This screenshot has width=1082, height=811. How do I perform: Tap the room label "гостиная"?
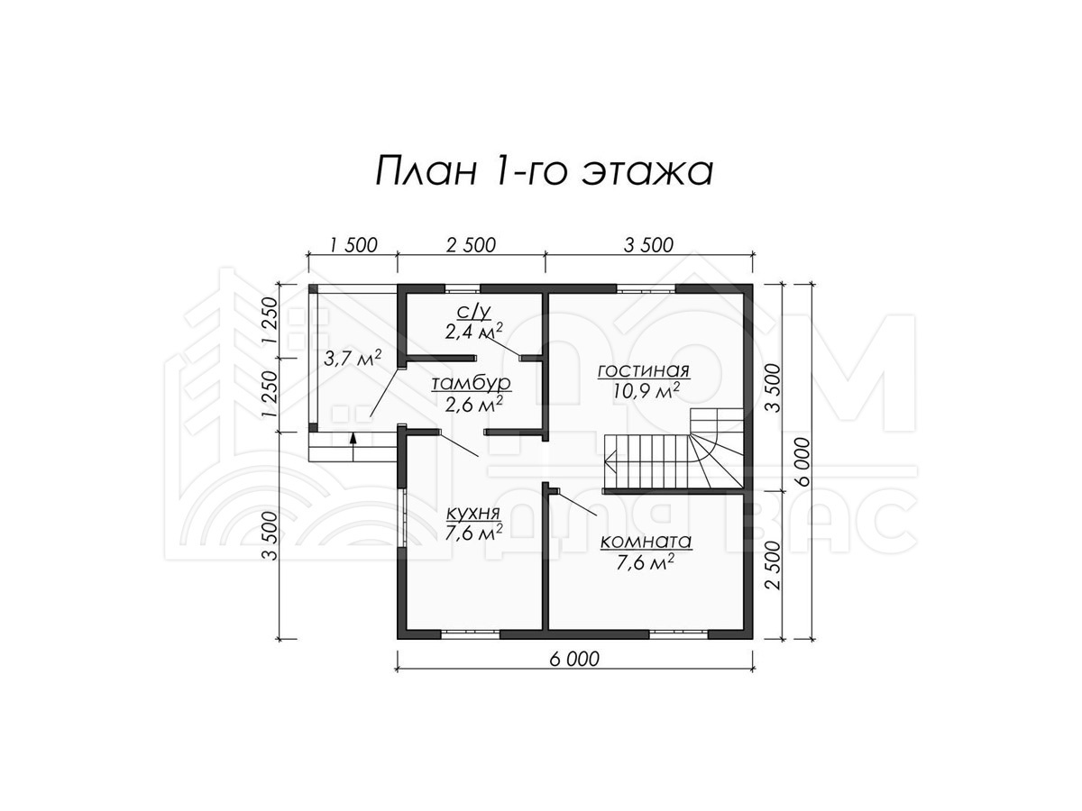(x=643, y=370)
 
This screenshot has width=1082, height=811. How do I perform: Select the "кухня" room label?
(x=473, y=513)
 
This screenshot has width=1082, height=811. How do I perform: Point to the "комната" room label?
(x=646, y=542)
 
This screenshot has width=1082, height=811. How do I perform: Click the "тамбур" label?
(x=471, y=383)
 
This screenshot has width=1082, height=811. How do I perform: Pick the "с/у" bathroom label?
(x=473, y=311)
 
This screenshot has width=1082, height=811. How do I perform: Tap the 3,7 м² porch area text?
(x=353, y=358)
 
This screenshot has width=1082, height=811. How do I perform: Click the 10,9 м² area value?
(x=646, y=391)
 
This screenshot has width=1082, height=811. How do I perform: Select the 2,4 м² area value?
(x=473, y=332)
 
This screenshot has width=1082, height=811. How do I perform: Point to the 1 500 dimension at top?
(x=353, y=245)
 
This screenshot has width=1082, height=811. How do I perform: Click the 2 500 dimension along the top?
(x=471, y=245)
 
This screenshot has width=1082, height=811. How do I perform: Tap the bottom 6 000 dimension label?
(x=574, y=659)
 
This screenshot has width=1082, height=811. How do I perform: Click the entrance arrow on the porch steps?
(x=353, y=447)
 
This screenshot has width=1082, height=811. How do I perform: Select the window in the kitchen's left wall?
(x=403, y=518)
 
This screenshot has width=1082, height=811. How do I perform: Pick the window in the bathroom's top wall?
(x=463, y=288)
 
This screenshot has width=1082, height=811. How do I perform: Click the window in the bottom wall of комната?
(x=679, y=634)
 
